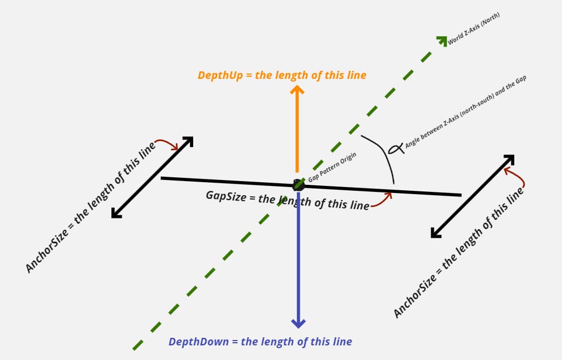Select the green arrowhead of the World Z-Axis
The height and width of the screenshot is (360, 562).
pyautogui.click(x=443, y=40)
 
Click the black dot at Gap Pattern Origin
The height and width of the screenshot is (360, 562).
pyautogui.click(x=298, y=185)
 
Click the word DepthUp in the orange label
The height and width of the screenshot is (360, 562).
pyautogui.click(x=220, y=75)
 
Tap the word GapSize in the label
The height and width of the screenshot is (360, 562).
pyautogui.click(x=226, y=196)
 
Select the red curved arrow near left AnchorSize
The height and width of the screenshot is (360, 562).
pyautogui.click(x=167, y=144)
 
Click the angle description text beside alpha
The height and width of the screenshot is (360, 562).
pyautogui.click(x=465, y=114)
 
